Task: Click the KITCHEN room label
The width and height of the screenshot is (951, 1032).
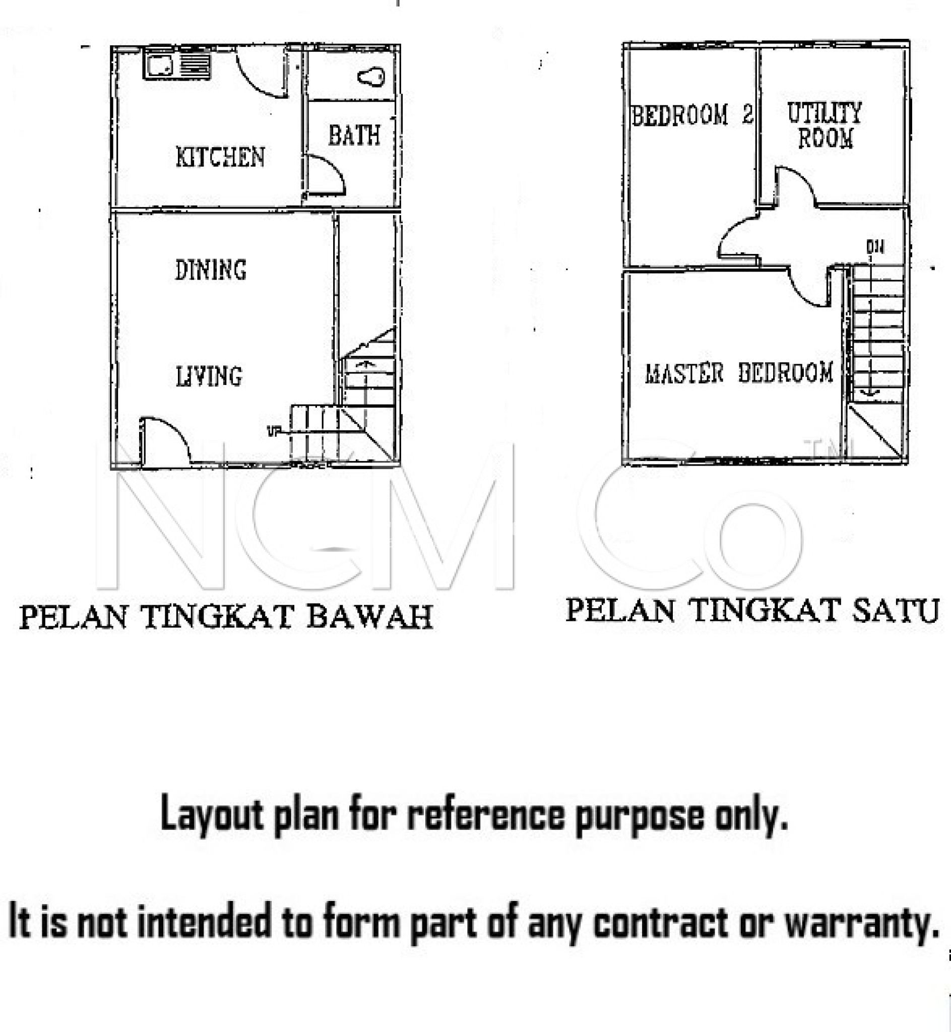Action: tap(220, 157)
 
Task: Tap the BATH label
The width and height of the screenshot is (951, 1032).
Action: tap(354, 136)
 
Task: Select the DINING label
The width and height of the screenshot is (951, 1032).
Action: tap(211, 270)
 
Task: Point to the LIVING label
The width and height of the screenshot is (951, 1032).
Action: tap(209, 376)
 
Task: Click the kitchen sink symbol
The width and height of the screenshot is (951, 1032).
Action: tap(177, 67)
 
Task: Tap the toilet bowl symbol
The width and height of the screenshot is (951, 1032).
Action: tap(371, 78)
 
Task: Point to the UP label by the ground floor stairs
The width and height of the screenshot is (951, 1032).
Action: tap(272, 431)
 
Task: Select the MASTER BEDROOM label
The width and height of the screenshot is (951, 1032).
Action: tap(739, 373)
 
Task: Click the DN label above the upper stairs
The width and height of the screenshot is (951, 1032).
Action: tap(875, 247)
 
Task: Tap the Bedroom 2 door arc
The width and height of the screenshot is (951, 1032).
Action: tap(737, 238)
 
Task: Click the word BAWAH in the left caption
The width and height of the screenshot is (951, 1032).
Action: tap(369, 617)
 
